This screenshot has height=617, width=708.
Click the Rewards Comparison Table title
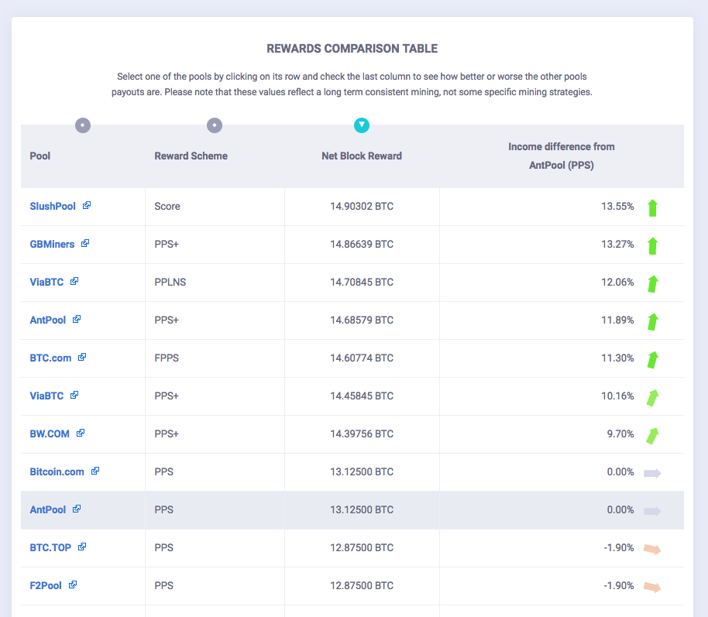coord(352,49)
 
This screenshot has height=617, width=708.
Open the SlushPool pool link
coord(53,206)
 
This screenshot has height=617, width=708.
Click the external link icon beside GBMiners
coord(85,244)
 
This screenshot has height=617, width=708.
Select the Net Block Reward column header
coord(361,156)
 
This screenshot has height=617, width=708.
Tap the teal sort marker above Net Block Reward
coord(362,125)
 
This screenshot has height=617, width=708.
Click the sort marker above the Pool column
coord(83,125)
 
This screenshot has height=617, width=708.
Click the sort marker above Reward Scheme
coord(215,125)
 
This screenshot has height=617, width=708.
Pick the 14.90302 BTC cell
coord(361,206)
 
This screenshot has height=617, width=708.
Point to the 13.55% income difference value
coord(617,206)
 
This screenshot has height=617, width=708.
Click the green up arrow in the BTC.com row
coord(652,358)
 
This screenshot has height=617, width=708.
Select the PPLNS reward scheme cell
coord(170,282)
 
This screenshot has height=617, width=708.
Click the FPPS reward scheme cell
coord(167,358)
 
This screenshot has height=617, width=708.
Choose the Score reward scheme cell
coord(167,206)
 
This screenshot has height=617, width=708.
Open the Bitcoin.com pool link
coord(57,471)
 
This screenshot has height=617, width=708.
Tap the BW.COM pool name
coord(50,434)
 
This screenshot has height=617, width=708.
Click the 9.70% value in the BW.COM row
coord(620,434)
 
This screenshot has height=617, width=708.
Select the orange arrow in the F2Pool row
coord(652,587)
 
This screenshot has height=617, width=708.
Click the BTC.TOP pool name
coord(50,547)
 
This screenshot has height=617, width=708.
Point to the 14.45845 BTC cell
coord(361,396)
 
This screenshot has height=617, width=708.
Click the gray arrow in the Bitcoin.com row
coord(652,472)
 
